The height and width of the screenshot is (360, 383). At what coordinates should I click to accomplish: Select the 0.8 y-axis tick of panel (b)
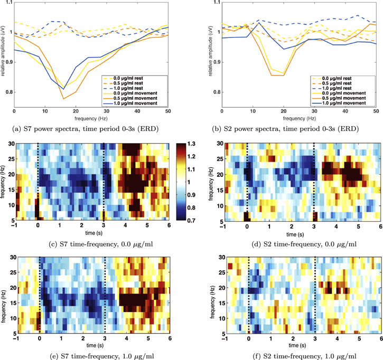[216, 92]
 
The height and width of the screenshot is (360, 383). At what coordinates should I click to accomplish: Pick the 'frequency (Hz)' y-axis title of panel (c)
[3, 181]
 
